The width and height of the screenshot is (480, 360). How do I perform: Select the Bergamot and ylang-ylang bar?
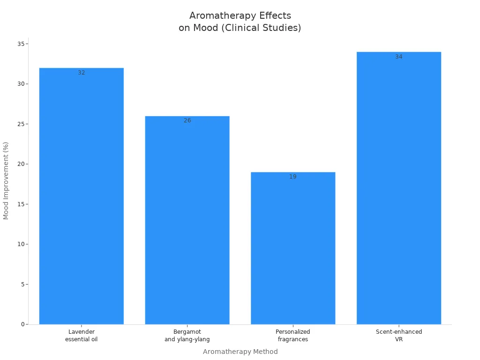(x=187, y=220)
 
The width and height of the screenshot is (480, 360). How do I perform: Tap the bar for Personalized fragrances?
(x=293, y=248)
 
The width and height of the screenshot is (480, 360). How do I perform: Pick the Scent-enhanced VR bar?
(x=399, y=188)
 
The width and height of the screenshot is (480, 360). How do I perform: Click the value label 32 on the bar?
(x=82, y=73)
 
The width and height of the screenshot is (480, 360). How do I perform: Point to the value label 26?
(x=187, y=120)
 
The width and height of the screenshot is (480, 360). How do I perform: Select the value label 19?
(x=293, y=177)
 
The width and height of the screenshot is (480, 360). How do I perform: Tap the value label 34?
(x=399, y=57)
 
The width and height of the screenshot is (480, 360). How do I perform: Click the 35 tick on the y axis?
(x=21, y=44)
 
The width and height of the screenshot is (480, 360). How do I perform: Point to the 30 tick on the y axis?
(x=21, y=84)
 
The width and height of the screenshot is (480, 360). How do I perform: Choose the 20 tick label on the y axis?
(x=21, y=164)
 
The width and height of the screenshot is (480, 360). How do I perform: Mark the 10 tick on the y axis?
(x=21, y=244)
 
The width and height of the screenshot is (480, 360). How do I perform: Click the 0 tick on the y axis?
(x=22, y=324)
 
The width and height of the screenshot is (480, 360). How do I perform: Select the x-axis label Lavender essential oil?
(x=82, y=336)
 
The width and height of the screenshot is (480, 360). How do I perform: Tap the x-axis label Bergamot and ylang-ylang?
(x=187, y=336)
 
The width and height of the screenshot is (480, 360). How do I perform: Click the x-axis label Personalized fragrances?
(x=293, y=336)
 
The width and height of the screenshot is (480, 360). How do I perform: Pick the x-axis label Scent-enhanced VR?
(x=399, y=336)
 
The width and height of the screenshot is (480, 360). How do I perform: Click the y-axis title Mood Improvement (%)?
(x=6, y=180)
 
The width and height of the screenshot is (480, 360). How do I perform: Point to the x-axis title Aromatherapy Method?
(x=240, y=352)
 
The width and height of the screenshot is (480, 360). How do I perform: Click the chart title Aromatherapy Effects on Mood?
(x=240, y=22)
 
